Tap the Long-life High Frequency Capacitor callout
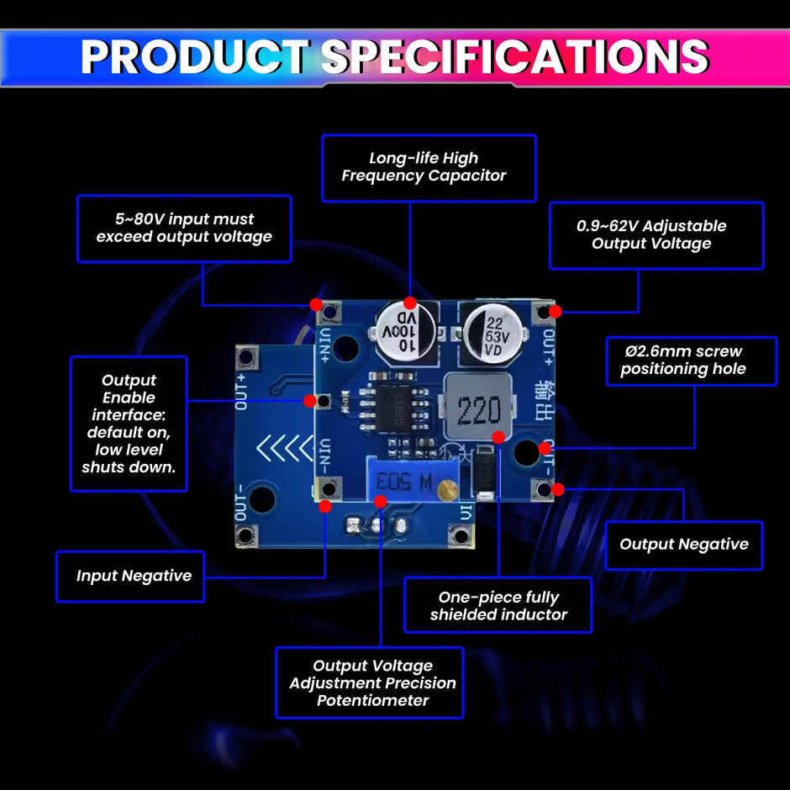click(429, 167)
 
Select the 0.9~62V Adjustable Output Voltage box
click(656, 234)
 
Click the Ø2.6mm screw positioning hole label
click(691, 361)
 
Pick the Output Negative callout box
click(684, 545)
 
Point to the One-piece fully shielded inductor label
click(498, 606)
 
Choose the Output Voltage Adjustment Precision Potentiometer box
click(370, 682)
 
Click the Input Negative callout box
click(130, 576)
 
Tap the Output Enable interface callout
click(129, 424)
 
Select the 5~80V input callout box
click(184, 229)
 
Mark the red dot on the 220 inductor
click(498, 436)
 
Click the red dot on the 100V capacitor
click(409, 303)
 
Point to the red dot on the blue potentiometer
click(380, 502)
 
